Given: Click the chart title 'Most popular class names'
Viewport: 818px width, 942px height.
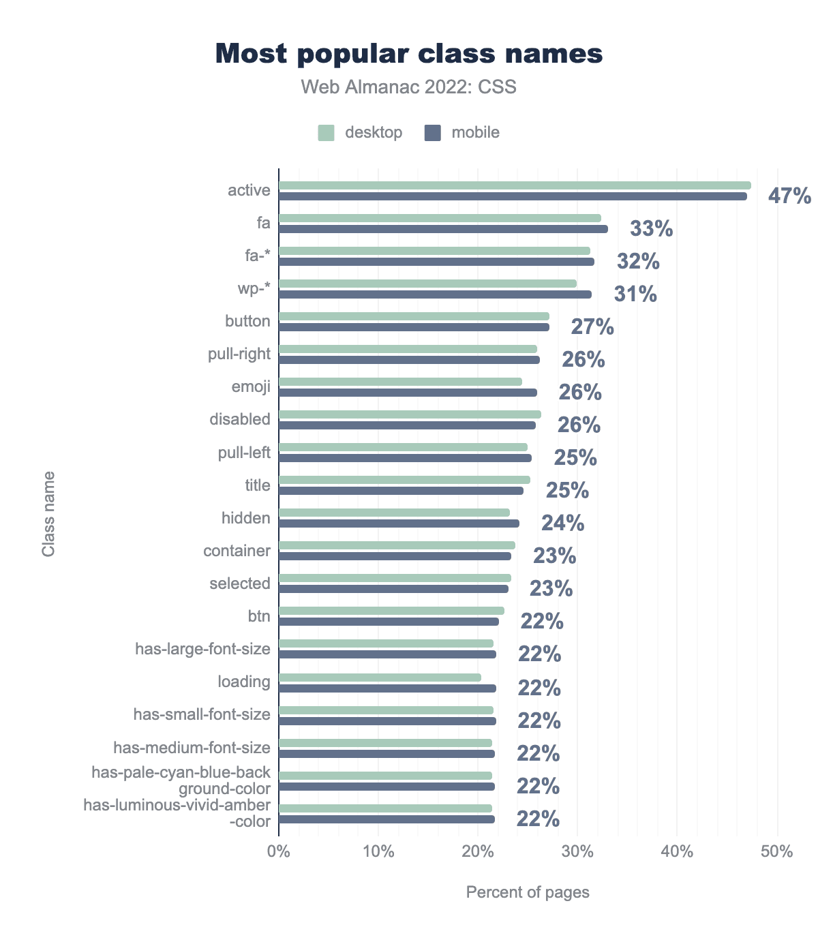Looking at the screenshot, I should coord(409,54).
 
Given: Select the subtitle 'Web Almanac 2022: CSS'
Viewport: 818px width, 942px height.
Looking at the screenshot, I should coord(409,87).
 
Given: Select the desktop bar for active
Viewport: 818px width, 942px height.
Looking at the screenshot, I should coord(515,185).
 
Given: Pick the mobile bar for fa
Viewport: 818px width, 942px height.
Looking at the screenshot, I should coord(443,229).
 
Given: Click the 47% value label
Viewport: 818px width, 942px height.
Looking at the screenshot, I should coord(789,196).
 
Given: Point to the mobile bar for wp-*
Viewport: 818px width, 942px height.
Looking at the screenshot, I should coord(435,294).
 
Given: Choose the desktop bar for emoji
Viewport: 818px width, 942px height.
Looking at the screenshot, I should coord(400,382).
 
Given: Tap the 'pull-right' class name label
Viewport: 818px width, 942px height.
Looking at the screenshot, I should coord(239,354).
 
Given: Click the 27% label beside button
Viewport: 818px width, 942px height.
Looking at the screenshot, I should coord(592,327).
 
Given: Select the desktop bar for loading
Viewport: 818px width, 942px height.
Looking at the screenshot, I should coord(380,678).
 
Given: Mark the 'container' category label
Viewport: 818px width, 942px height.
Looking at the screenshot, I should coord(237,551).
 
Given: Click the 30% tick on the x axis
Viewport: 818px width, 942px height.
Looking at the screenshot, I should coord(577,851).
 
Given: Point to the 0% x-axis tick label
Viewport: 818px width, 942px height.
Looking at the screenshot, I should coord(279,851).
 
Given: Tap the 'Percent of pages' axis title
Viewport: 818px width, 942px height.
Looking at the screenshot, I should coord(528,892).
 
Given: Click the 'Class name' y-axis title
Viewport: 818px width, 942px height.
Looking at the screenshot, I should coord(48,513).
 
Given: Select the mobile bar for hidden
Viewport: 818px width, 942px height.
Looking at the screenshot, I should coord(399,523).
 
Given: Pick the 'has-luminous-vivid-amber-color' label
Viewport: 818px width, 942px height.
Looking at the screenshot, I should coord(177,814).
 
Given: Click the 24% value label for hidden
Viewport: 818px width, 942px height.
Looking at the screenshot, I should coord(562,523).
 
